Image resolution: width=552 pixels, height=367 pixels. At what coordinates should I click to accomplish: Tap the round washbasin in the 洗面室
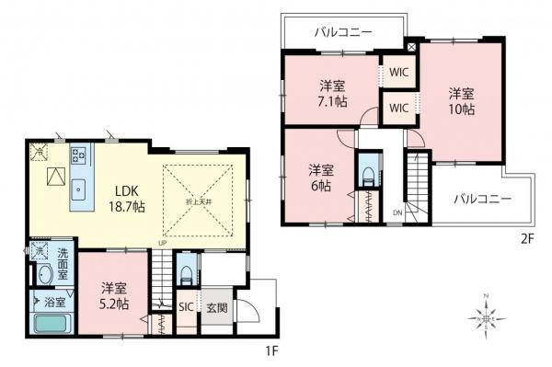[x=42, y=274]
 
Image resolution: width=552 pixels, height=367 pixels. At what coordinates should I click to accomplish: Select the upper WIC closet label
[x=399, y=70]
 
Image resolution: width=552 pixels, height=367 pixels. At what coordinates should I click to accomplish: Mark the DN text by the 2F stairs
[x=397, y=212]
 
